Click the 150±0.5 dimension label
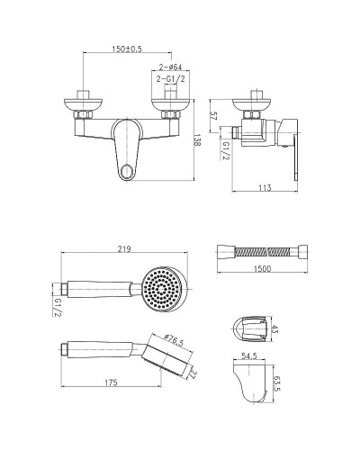(x=127, y=49)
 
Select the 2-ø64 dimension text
(x=170, y=67)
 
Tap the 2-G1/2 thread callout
(x=170, y=79)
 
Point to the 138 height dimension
(x=197, y=139)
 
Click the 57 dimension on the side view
(x=213, y=116)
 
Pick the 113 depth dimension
(x=265, y=188)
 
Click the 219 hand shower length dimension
(x=124, y=249)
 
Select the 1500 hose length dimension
(x=262, y=268)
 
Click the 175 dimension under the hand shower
(x=111, y=382)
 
